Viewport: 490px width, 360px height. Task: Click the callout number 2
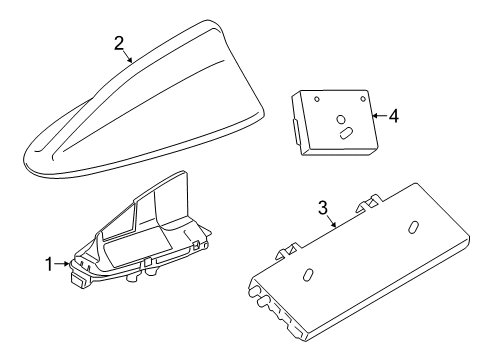pos(119,43)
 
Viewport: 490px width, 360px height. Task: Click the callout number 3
pos(323,207)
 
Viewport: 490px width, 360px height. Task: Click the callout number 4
pos(393,116)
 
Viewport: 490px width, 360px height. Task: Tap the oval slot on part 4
pos(345,130)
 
